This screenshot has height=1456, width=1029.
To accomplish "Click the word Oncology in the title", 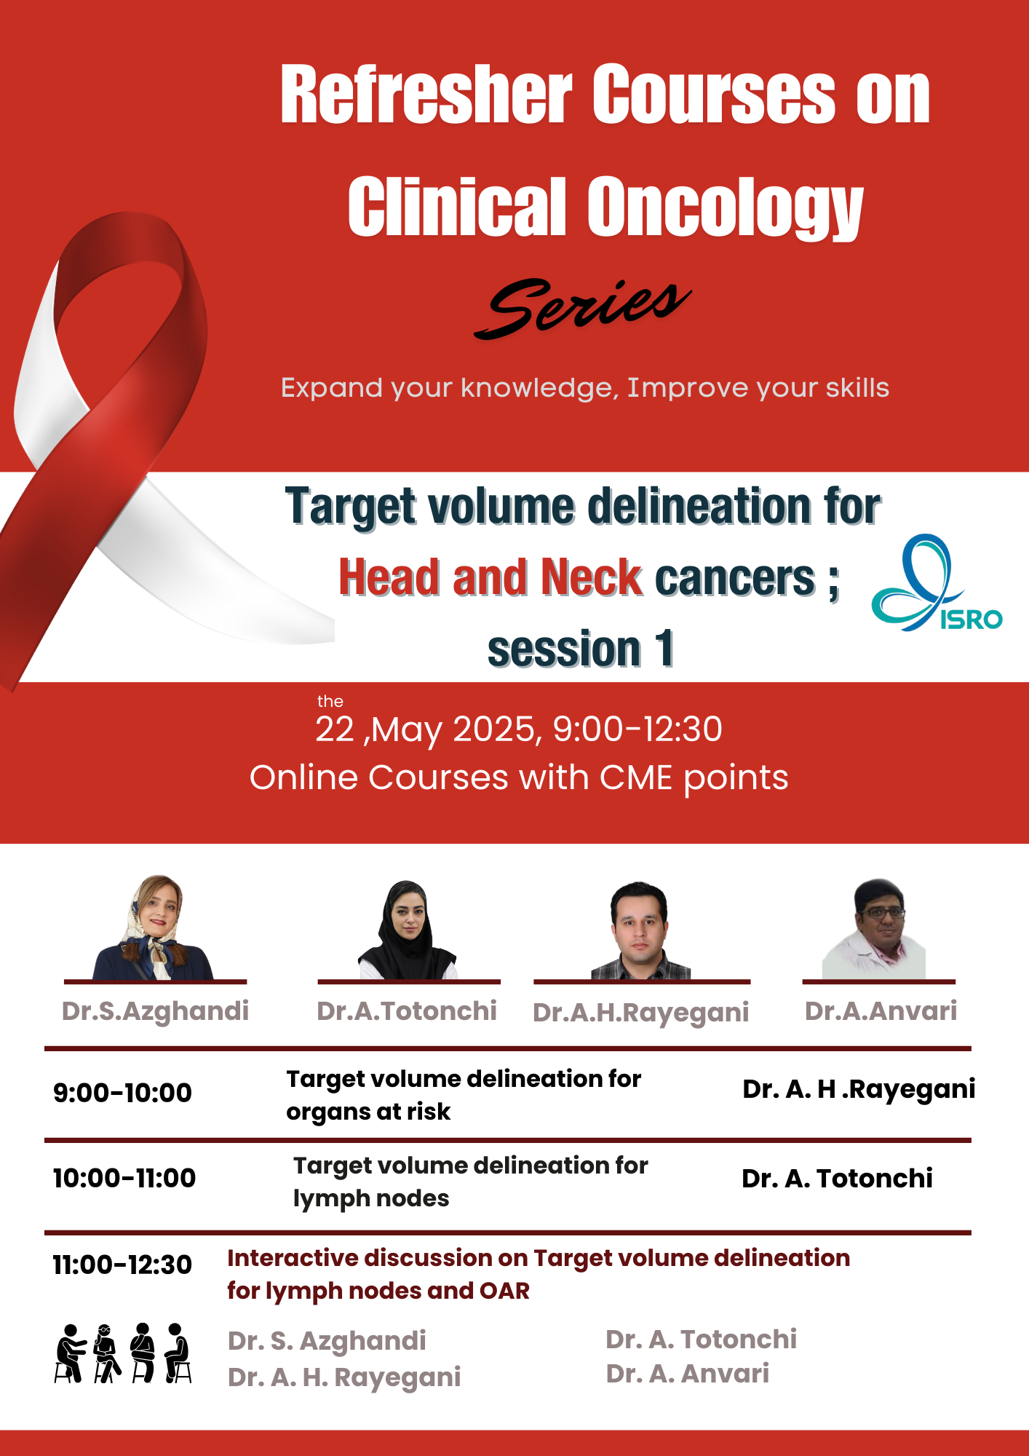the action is (x=725, y=207).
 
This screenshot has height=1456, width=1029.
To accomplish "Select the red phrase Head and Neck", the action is (x=490, y=577).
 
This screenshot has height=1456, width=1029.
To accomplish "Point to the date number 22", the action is (x=335, y=729).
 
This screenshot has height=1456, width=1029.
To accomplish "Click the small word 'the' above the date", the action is (x=330, y=701).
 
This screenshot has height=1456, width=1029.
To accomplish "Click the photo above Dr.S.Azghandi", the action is (x=153, y=927).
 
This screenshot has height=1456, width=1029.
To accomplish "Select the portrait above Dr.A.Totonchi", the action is (x=408, y=930).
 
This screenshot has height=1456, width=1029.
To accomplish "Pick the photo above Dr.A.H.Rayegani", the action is (x=640, y=930).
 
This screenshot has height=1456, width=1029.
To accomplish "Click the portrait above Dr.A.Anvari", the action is (x=874, y=929).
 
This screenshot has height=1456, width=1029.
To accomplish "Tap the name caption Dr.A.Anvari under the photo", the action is (x=881, y=1010).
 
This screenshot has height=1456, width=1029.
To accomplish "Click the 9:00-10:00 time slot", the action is (x=122, y=1093).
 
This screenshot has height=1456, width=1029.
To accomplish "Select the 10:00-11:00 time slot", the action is (x=124, y=1178).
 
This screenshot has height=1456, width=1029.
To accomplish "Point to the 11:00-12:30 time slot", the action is (x=122, y=1265).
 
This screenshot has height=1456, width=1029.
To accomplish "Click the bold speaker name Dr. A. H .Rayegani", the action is (x=859, y=1089).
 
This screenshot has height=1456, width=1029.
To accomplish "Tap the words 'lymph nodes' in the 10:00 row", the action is (x=371, y=1199).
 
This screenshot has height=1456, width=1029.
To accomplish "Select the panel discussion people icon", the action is (x=123, y=1353).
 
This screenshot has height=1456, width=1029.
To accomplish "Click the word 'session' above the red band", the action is (x=564, y=649).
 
